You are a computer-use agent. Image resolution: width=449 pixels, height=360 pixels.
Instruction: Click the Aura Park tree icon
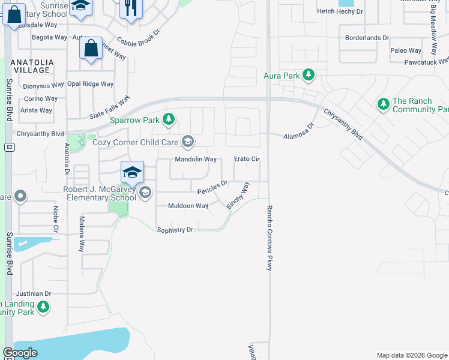pyautogui.click(x=309, y=75)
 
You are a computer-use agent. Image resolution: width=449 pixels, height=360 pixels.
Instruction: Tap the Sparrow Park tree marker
pyautogui.click(x=169, y=119)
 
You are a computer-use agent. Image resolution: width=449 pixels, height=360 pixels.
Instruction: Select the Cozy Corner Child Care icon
pyautogui.click(x=188, y=142)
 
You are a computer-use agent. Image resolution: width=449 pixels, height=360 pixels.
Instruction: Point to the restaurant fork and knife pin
pyautogui.click(x=131, y=9)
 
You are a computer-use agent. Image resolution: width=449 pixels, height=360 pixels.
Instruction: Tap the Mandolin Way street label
pyautogui.click(x=195, y=160)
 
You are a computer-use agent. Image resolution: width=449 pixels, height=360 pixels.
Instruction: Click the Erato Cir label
pyautogui.click(x=246, y=159)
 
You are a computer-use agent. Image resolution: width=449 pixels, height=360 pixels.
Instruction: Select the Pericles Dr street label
pyautogui.click(x=212, y=188)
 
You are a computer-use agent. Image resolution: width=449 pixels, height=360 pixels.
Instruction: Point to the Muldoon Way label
pyautogui.click(x=188, y=206)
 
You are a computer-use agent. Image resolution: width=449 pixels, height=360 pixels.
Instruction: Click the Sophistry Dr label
pyautogui.click(x=175, y=230)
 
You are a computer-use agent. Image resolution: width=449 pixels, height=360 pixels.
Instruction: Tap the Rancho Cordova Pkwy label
pyautogui.click(x=269, y=238)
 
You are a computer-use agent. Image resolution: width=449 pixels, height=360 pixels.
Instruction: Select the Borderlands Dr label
pyautogui.click(x=367, y=38)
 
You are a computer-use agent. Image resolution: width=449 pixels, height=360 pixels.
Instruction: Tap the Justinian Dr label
pyautogui.click(x=34, y=294)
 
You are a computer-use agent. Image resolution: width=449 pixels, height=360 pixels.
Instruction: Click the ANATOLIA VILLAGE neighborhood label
pyautogui.click(x=30, y=66)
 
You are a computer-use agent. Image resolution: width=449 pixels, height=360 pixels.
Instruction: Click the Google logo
pyautogui.click(x=20, y=353)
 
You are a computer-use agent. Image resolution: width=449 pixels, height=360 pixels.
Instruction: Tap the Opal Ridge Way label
pyautogui.click(x=90, y=84)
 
